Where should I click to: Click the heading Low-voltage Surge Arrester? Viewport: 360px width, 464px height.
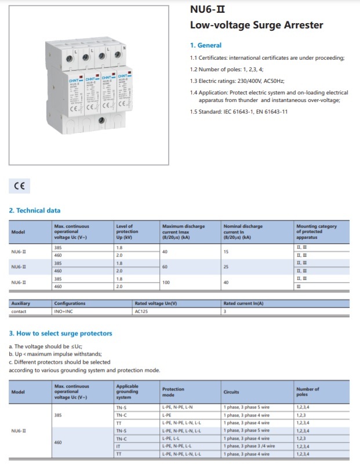click(x=256, y=25)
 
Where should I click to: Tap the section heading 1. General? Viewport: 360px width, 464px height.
click(x=206, y=45)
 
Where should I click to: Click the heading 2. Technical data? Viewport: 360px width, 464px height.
click(x=35, y=210)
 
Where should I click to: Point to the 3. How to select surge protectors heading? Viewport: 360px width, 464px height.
click(x=60, y=333)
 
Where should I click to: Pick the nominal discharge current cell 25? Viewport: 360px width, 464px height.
click(x=227, y=266)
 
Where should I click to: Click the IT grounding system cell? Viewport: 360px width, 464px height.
click(x=119, y=446)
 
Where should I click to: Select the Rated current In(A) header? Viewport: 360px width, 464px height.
click(x=243, y=303)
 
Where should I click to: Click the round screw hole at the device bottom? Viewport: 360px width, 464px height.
click(x=101, y=120)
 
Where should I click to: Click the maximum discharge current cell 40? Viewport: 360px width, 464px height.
click(x=165, y=251)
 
